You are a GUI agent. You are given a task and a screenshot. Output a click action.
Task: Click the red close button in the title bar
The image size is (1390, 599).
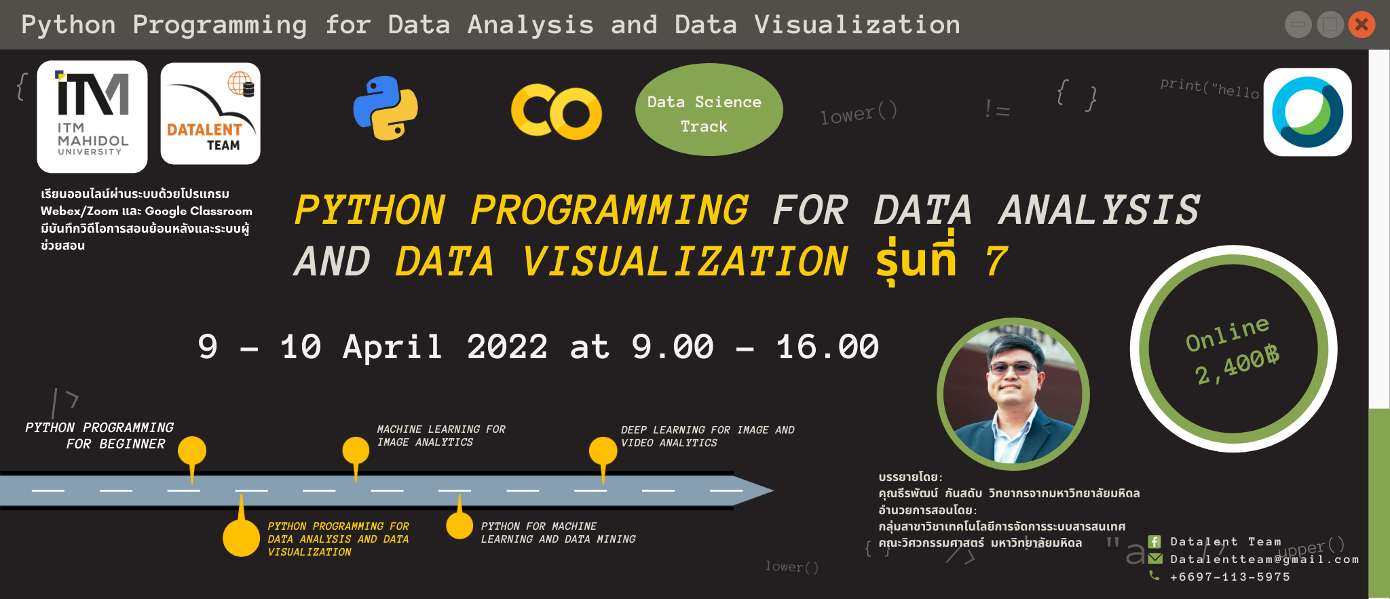pos(1361,25)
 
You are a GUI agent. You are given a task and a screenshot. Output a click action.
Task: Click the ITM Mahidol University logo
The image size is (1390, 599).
pos(92,116)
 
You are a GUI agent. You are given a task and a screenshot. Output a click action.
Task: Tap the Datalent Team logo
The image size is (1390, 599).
pos(210,113)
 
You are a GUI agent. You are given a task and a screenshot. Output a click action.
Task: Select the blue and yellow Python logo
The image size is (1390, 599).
pos(386,109)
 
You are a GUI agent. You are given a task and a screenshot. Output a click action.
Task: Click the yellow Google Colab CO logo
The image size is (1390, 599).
pos(556,111)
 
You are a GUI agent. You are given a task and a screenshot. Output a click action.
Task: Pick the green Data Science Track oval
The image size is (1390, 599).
pos(709,110)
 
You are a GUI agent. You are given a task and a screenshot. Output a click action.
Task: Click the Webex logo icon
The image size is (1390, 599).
pos(1307,112)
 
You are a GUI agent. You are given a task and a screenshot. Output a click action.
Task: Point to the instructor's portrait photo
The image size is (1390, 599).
pos(1013,395)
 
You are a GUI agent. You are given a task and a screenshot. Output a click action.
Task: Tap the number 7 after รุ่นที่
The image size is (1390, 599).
pos(996,262)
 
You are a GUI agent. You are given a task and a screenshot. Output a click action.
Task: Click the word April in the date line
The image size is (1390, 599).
pos(392,347)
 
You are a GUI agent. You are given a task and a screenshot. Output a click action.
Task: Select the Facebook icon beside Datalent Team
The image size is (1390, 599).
pos(1154,541)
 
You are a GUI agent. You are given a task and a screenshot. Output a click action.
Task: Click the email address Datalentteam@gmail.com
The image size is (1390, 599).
pos(1264,559)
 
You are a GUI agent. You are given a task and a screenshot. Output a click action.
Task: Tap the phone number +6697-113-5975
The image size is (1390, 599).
pos(1230,577)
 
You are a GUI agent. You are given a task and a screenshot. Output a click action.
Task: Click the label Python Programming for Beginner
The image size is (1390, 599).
pos(100,436)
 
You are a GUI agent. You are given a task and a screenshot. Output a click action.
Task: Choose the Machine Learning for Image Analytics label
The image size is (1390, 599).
pos(441,436)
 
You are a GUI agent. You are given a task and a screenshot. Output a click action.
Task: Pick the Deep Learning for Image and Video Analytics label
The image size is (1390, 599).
pos(707,436)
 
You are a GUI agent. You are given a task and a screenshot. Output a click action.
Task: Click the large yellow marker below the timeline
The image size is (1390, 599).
pos(241,538)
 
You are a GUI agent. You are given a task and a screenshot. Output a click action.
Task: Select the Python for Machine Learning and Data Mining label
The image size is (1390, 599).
pos(558,533)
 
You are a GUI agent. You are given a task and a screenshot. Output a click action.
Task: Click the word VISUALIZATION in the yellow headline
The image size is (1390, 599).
pos(684,262)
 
